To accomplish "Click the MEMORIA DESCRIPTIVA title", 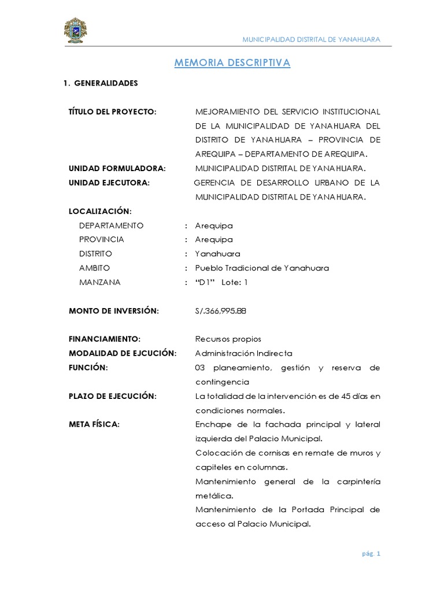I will (232, 62).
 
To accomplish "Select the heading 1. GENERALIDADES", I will (101, 83).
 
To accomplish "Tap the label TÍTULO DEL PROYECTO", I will (113, 112).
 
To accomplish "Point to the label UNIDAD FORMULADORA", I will (117, 168).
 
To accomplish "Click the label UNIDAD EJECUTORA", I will (109, 183).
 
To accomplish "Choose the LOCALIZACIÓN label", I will (101, 211).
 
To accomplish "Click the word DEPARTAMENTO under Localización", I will (111, 225).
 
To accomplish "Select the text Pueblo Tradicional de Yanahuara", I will (262, 268).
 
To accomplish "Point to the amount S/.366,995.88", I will (221, 311).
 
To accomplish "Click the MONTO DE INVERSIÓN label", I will (113, 311).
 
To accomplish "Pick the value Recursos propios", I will (228, 339).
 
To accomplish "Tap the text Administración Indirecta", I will (243, 353).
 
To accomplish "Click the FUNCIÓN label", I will (88, 368).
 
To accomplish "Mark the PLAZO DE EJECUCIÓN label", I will (113, 396).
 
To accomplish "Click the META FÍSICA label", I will (94, 424).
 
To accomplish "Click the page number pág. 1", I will (370, 554).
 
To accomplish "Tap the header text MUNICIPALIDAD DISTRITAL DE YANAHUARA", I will (311, 39).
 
